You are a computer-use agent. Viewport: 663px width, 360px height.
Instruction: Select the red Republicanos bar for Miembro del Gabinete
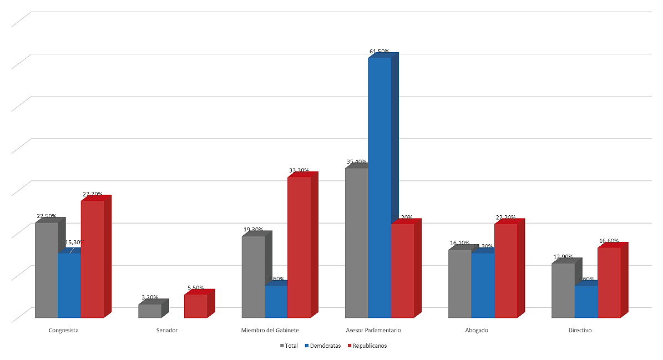[x=298, y=247]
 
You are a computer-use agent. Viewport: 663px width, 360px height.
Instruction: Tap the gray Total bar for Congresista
[x=46, y=270]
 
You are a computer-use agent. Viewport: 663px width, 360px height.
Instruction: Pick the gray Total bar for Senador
[x=149, y=311]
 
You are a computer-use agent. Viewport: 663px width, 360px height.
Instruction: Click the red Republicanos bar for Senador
[x=195, y=306]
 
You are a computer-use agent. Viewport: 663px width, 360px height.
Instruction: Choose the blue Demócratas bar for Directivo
[x=586, y=302]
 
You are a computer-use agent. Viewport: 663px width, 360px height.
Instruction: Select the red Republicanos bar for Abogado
[x=505, y=271]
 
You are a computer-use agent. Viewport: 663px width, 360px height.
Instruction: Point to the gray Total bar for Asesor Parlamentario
[x=356, y=242]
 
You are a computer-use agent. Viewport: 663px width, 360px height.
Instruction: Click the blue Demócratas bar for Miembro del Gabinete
[x=276, y=302]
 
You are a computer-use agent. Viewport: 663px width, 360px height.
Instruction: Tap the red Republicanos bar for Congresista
[x=92, y=259]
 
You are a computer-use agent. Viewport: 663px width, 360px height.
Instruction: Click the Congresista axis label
[x=63, y=331]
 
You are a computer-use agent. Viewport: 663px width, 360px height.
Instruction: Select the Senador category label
[x=167, y=331]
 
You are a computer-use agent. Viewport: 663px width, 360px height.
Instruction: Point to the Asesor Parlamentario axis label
[x=373, y=331]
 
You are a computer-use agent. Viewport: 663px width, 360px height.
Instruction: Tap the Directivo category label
[x=580, y=331]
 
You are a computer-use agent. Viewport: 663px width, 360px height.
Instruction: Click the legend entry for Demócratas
[x=323, y=346]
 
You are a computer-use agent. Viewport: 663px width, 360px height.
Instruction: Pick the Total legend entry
[x=289, y=346]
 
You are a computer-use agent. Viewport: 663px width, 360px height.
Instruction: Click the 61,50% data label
[x=379, y=52]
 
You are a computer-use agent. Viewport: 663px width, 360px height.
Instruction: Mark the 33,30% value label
[x=299, y=170]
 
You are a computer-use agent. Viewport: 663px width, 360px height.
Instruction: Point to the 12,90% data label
[x=563, y=257]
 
